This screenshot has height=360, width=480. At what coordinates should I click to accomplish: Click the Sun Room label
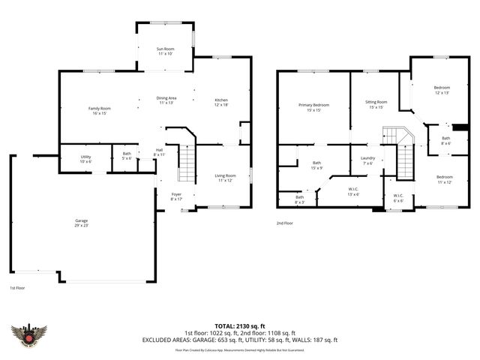click(165, 51)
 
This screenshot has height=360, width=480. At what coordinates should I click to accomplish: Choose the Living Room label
click(226, 178)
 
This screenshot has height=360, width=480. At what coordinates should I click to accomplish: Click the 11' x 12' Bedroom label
click(444, 179)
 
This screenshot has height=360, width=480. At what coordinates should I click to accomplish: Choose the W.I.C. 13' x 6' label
click(354, 191)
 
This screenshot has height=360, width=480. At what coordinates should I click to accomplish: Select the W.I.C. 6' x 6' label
click(398, 198)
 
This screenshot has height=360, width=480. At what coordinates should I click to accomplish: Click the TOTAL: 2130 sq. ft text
click(239, 325)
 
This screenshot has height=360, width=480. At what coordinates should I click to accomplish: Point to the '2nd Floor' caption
click(285, 223)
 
